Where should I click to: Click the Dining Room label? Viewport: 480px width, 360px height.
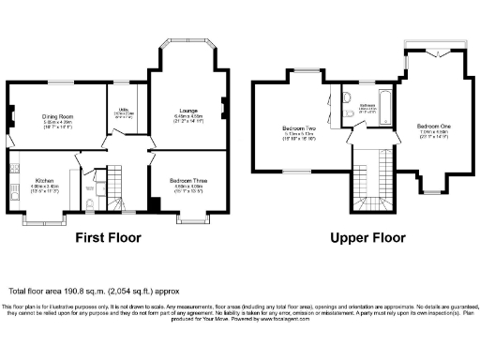coord(58,116)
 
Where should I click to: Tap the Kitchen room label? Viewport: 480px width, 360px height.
coord(45,180)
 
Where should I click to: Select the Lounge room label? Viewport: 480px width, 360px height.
coord(185,110)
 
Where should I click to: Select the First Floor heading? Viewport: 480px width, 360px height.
coord(114,238)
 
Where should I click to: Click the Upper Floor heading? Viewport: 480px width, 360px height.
coord(362,238)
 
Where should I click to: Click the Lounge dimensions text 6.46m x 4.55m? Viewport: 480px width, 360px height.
coord(185,115)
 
